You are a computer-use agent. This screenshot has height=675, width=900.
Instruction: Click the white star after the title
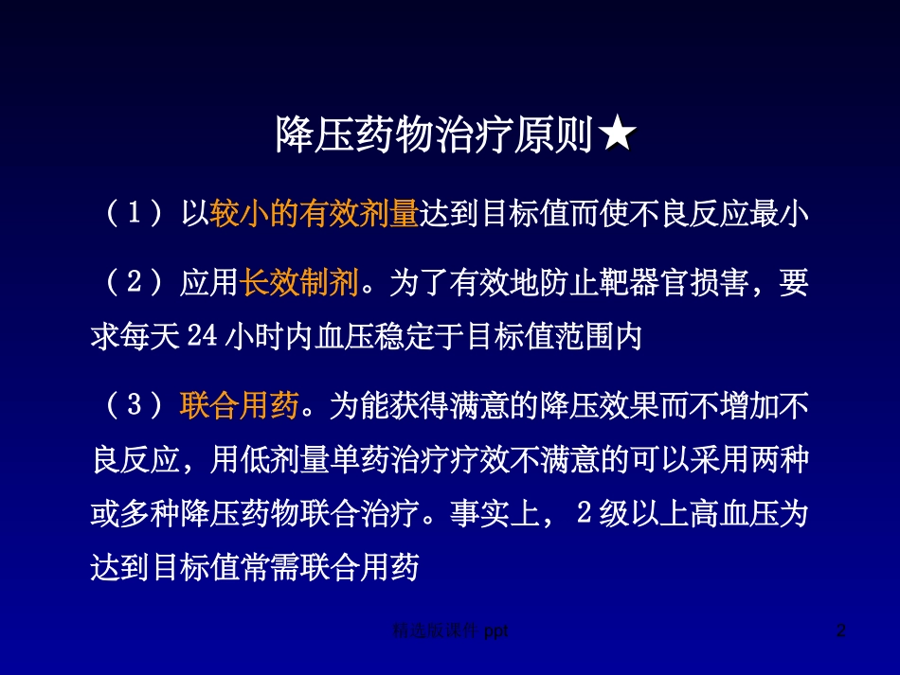tap(617, 136)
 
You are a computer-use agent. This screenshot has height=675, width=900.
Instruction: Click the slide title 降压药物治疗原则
tap(436, 136)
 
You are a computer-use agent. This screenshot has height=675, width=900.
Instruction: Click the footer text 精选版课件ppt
tap(450, 630)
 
